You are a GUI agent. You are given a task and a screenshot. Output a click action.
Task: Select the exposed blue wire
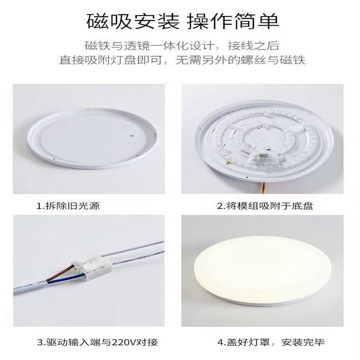[x=63, y=282]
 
